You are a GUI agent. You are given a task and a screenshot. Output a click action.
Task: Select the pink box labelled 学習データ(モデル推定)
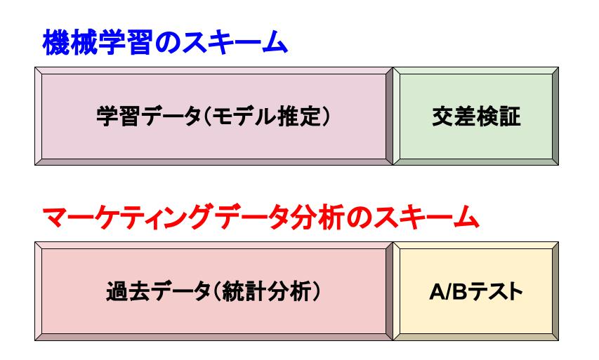tap(213, 116)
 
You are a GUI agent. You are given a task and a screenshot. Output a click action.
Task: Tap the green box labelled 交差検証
tap(475, 116)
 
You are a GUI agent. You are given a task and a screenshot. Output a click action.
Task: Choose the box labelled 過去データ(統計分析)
tap(213, 291)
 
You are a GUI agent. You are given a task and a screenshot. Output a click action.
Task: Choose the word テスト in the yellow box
tap(492, 291)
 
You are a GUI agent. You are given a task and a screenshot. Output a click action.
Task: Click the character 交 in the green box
tap(441, 116)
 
